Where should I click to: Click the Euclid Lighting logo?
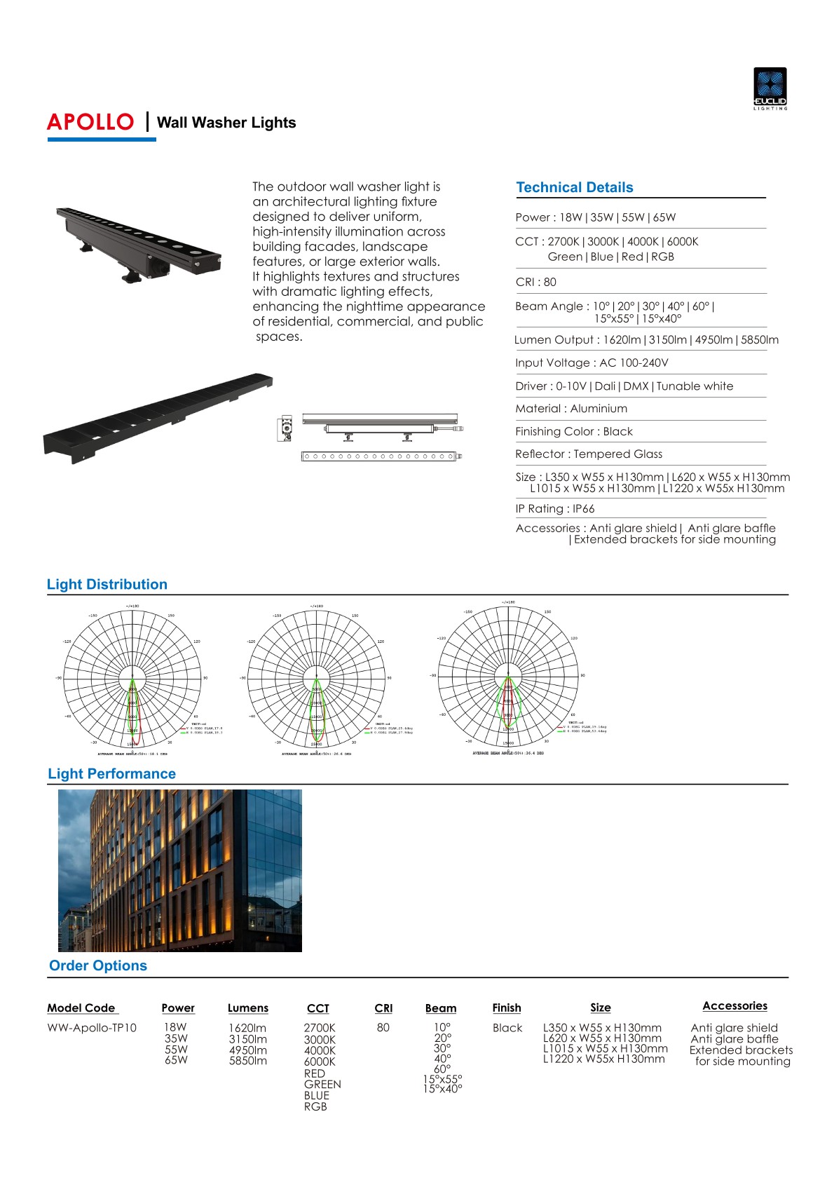coord(770,88)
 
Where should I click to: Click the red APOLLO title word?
coord(90,122)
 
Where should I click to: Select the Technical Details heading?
coord(574,187)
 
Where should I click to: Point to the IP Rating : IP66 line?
coord(554,508)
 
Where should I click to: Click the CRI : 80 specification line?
coord(535,282)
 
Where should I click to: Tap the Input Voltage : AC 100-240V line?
coord(592,362)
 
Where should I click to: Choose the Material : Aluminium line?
coord(571,408)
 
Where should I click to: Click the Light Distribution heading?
coord(107,584)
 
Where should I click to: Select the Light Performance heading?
coord(111,773)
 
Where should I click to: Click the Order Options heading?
coord(98,965)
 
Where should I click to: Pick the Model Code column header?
coord(81,1008)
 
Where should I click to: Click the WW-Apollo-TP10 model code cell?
coord(92,1027)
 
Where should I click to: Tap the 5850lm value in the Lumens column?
coord(247,1061)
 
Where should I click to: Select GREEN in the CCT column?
coord(322,1084)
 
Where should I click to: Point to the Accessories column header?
coord(734,1005)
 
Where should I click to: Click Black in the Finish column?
coord(507,1027)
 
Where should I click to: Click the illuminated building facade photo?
coord(179,870)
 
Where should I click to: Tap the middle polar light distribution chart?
coord(316,678)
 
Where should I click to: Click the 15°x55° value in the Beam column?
coord(442,1079)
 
